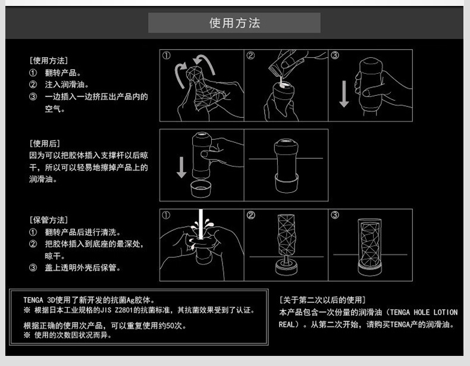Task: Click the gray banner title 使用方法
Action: point(234,23)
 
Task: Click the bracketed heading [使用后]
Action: point(45,143)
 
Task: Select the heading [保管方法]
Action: point(49,220)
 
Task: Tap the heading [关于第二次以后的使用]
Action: point(322,300)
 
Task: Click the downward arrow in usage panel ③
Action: point(344,94)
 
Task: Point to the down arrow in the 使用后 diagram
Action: point(181,167)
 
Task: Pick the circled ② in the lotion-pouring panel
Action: point(250,55)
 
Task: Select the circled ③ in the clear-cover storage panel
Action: point(335,215)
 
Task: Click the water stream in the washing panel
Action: point(200,224)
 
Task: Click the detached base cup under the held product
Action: point(200,189)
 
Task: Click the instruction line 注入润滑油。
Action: point(67,85)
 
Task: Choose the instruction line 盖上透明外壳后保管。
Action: point(83,267)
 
